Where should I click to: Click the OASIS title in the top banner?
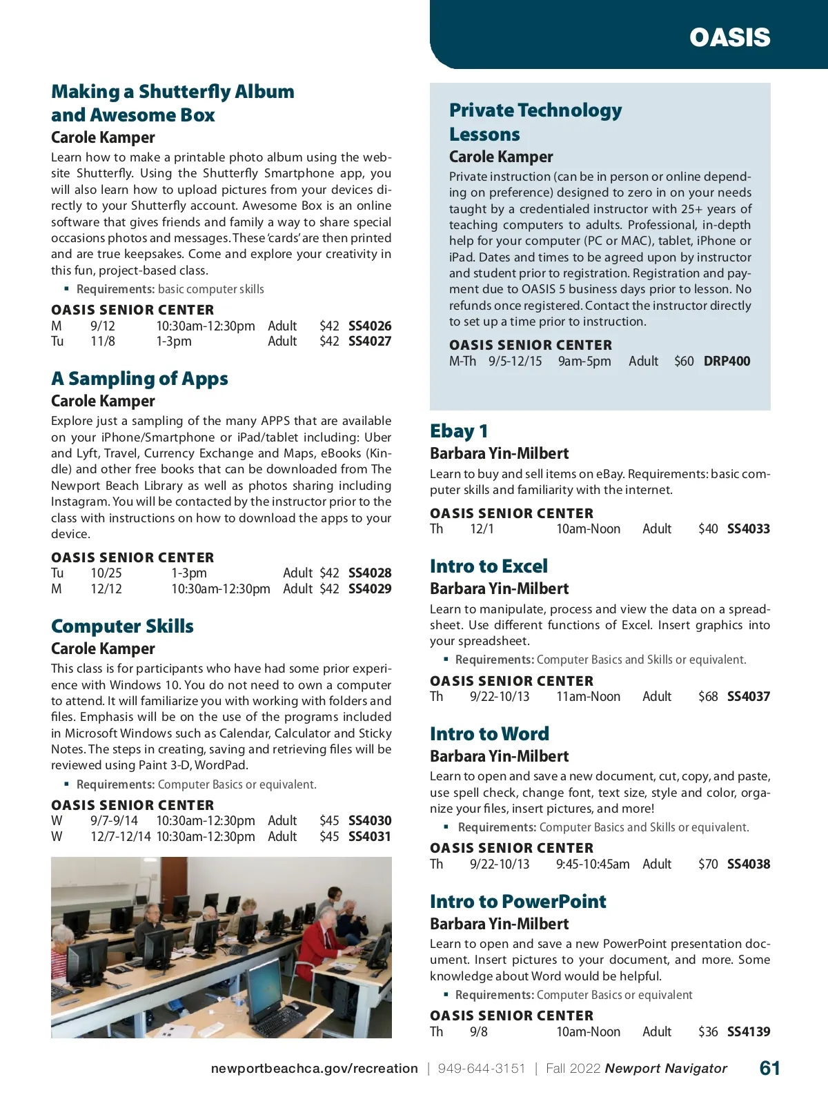click(729, 37)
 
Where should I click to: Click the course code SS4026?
click(370, 326)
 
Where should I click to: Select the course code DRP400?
click(727, 361)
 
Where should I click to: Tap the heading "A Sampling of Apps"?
click(139, 378)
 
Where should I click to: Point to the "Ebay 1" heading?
click(459, 431)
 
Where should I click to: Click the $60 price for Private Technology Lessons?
click(684, 361)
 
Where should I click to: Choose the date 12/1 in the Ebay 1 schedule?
click(482, 528)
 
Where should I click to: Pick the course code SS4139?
click(749, 1031)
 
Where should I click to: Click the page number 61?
click(770, 1068)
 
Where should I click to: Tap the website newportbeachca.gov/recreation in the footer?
click(314, 1069)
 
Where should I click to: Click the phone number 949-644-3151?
click(482, 1069)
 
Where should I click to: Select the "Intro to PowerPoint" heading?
click(517, 901)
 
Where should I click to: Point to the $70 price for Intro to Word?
click(708, 864)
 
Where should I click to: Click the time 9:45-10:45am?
click(593, 864)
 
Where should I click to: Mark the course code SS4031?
click(370, 836)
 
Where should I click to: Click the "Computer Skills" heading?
click(122, 626)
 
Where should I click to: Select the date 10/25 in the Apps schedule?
click(106, 573)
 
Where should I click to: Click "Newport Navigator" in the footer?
click(666, 1069)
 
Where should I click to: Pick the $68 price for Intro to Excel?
click(708, 696)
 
